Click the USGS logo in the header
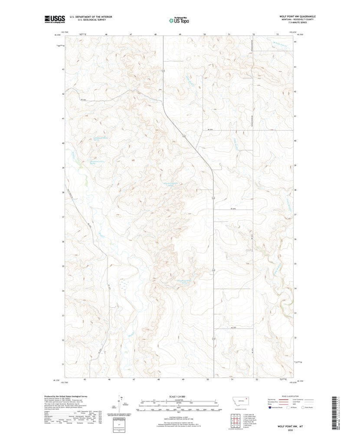55,19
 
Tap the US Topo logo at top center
178,20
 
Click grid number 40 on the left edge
63,143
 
